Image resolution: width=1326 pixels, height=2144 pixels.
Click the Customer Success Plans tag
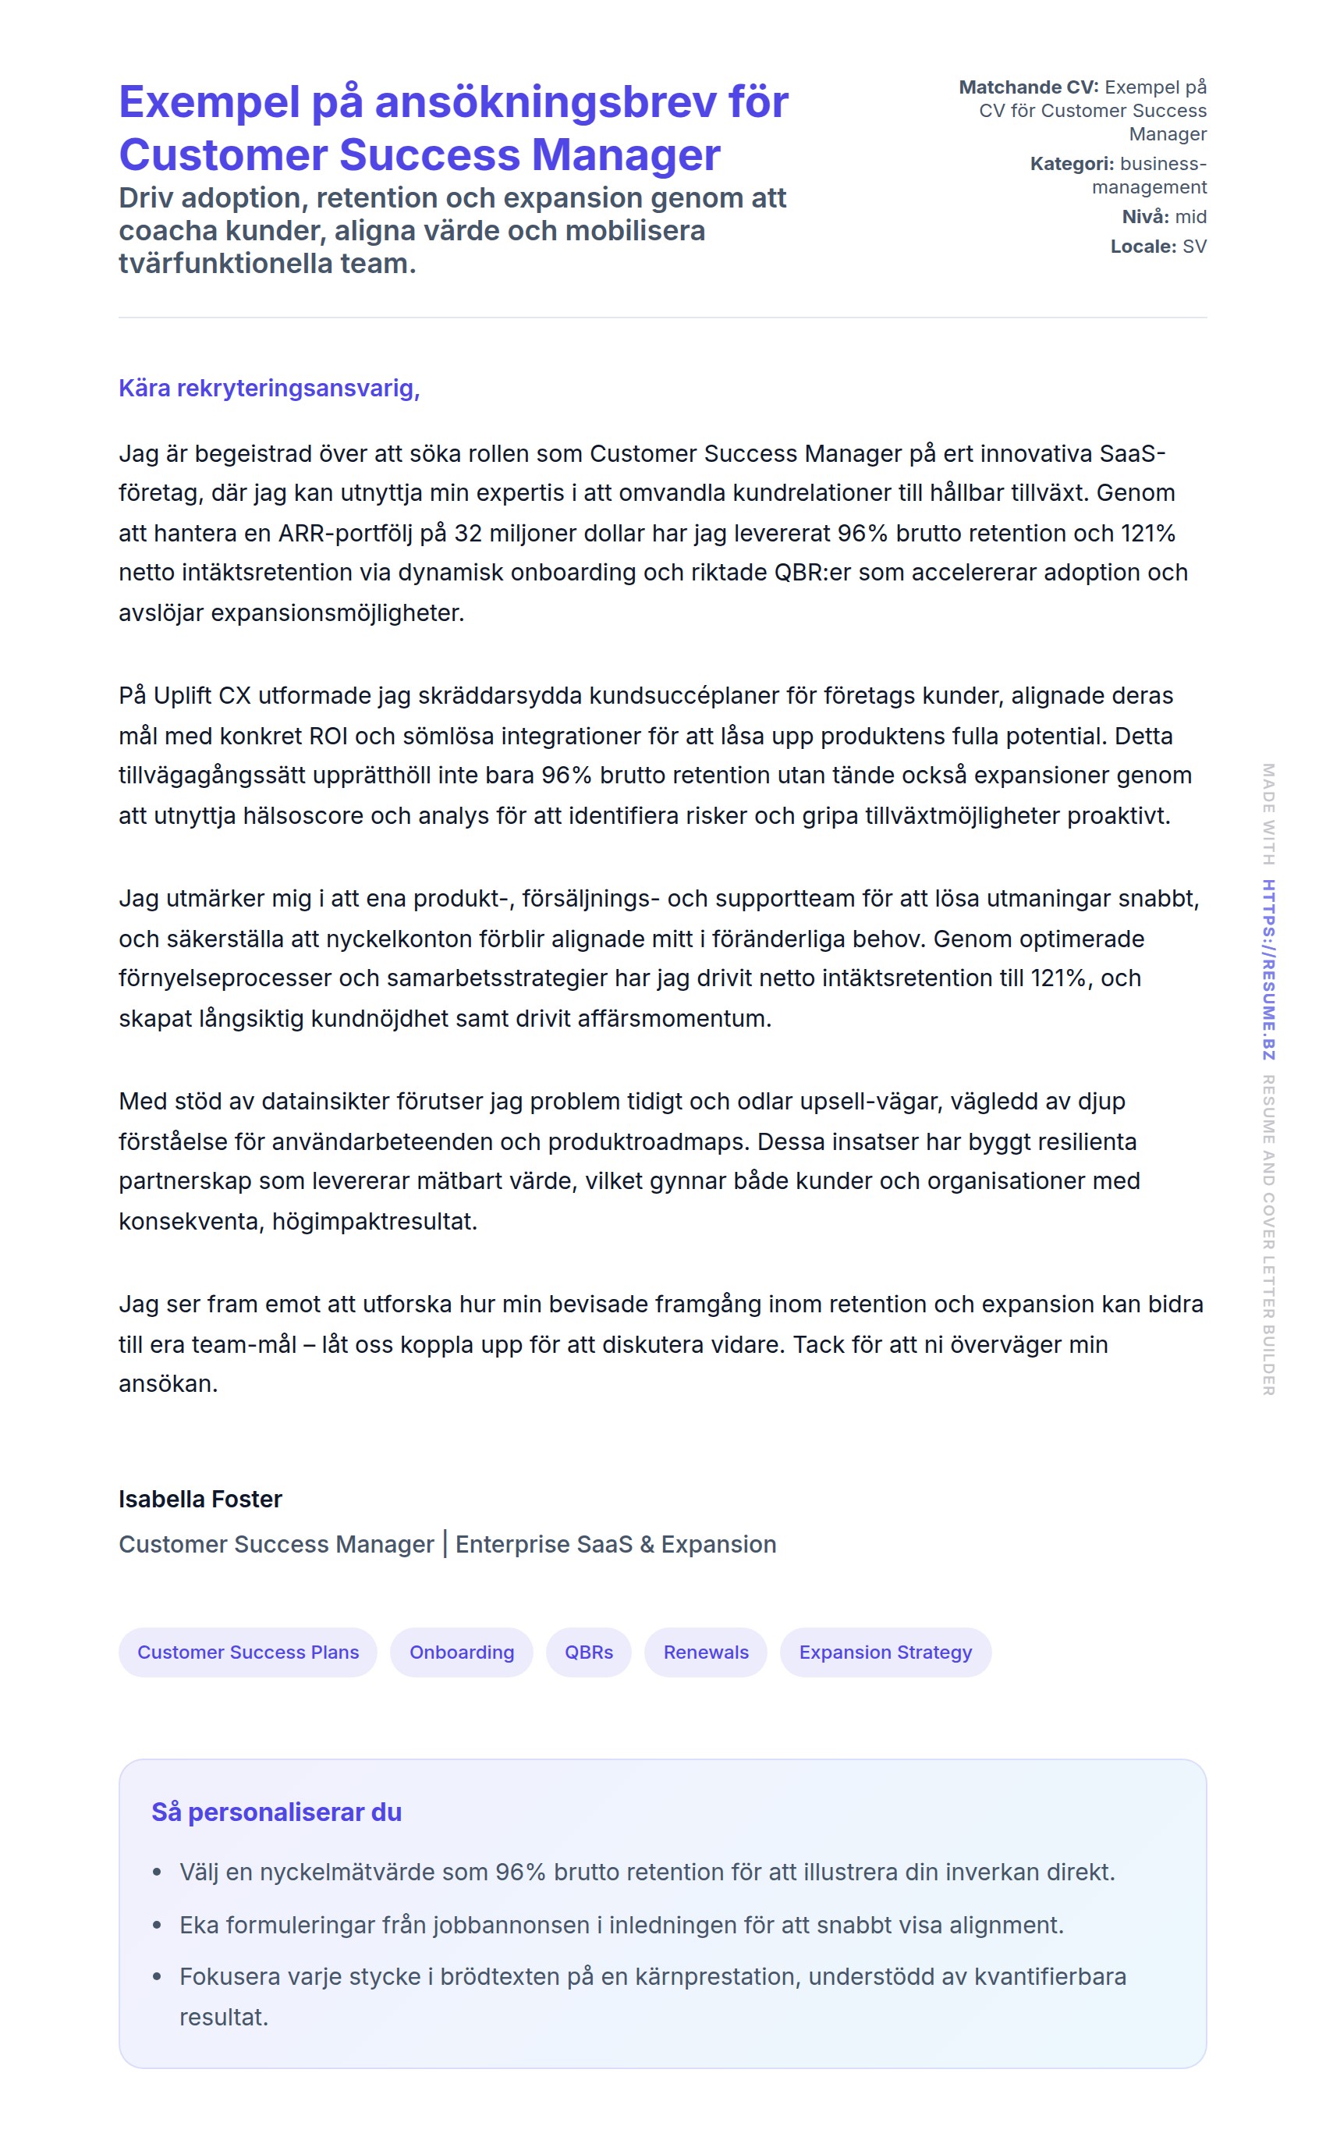247,1652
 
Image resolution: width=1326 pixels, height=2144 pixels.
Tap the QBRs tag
588,1652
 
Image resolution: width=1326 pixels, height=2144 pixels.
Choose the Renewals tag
705,1652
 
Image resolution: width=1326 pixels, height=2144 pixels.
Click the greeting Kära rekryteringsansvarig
268,388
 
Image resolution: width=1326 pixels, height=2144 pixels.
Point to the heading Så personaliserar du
276,1812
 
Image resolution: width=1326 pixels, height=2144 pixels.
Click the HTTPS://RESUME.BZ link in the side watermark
1268,969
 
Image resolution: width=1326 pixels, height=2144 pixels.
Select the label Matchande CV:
1028,87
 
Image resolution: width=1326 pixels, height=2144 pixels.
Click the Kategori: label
1072,164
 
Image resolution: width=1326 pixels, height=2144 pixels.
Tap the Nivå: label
1144,217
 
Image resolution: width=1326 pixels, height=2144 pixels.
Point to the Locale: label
1143,247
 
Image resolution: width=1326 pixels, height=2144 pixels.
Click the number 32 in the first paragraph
467,534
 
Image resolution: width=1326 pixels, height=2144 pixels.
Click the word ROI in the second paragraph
329,736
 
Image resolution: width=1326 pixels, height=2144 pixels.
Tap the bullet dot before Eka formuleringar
157,1926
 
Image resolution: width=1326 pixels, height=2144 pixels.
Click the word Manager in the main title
626,155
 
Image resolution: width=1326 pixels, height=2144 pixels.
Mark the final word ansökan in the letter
168,1384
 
